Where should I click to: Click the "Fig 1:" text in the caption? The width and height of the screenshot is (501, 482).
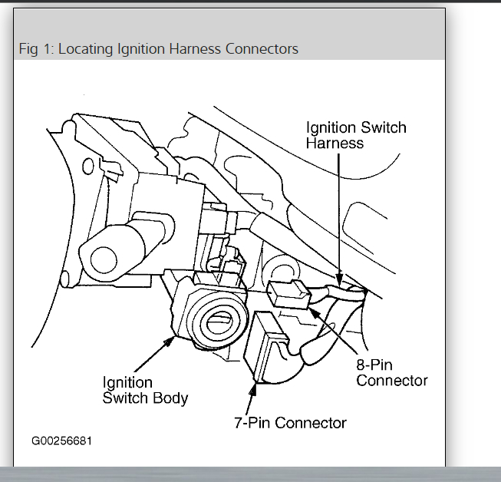pyautogui.click(x=35, y=49)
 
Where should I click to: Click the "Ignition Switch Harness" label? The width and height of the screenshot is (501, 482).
pyautogui.click(x=355, y=135)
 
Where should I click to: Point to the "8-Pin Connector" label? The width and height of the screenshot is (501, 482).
pyautogui.click(x=391, y=372)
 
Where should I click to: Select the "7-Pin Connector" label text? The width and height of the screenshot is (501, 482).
pyautogui.click(x=290, y=422)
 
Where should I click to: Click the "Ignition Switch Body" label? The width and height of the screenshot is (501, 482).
pyautogui.click(x=144, y=390)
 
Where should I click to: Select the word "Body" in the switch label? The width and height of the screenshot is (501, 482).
pyautogui.click(x=170, y=398)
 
